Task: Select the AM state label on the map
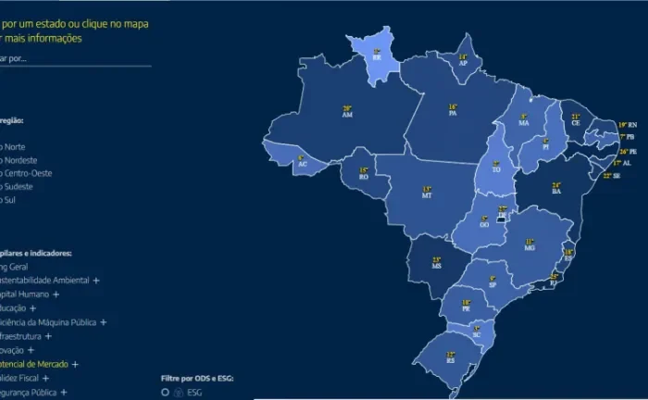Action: point(347,114)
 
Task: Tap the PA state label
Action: point(454,113)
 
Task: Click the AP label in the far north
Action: point(463,63)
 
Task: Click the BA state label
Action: point(556,191)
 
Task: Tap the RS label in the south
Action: point(451,359)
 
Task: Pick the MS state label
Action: point(436,266)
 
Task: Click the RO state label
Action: point(364,176)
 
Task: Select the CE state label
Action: point(575,122)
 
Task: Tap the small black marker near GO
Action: point(502,219)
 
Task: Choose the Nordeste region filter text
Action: point(20,160)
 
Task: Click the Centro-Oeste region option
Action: point(28,173)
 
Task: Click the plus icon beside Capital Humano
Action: point(56,294)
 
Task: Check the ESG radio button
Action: point(164,392)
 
